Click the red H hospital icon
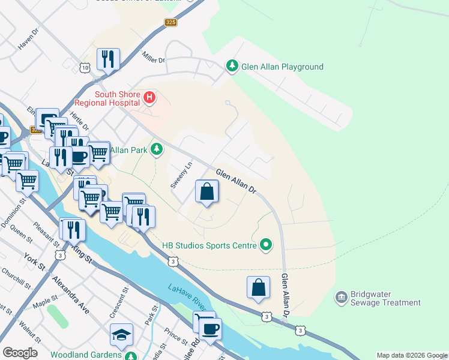tap(149, 96)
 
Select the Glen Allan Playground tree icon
tap(232, 66)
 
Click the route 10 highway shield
tap(85, 68)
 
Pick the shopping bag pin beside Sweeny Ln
tap(206, 192)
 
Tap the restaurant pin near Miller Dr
tap(108, 59)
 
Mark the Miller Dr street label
tap(154, 58)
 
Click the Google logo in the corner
tap(20, 353)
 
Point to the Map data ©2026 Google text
tap(411, 355)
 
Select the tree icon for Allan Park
tap(157, 148)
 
